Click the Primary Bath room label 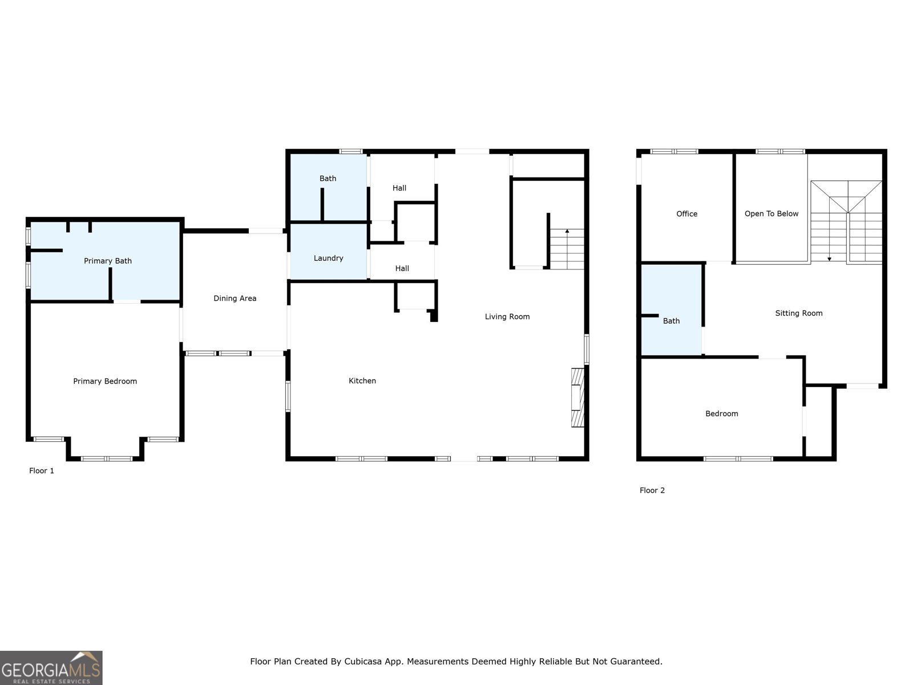(107, 261)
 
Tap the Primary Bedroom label (105, 381)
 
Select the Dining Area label (235, 298)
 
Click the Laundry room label (328, 258)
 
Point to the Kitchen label (362, 381)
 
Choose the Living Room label (507, 316)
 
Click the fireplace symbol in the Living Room (578, 397)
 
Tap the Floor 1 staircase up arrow (567, 232)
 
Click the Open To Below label (771, 213)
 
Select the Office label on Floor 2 (686, 213)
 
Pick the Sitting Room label (798, 313)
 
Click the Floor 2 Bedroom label (721, 413)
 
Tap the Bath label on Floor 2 (671, 321)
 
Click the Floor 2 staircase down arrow (829, 258)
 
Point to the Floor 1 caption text (42, 471)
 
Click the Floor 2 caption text (652, 490)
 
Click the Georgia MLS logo (51, 668)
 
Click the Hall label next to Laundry (402, 268)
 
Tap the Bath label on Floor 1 (328, 178)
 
